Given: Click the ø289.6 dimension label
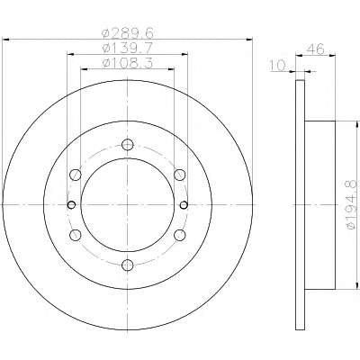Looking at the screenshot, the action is [128, 33].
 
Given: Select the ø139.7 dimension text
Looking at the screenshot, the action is [128, 48].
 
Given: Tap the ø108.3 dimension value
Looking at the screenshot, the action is [128, 63].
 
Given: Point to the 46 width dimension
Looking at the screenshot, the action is [315, 49].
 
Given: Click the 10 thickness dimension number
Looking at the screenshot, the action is [277, 66].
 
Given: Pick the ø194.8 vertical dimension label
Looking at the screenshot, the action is [351, 205].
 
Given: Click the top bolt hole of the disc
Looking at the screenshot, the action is [128, 145].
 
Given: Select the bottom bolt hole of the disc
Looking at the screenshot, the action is [128, 265].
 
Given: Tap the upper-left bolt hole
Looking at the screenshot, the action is [76, 175].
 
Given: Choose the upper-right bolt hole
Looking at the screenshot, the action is [180, 175].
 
